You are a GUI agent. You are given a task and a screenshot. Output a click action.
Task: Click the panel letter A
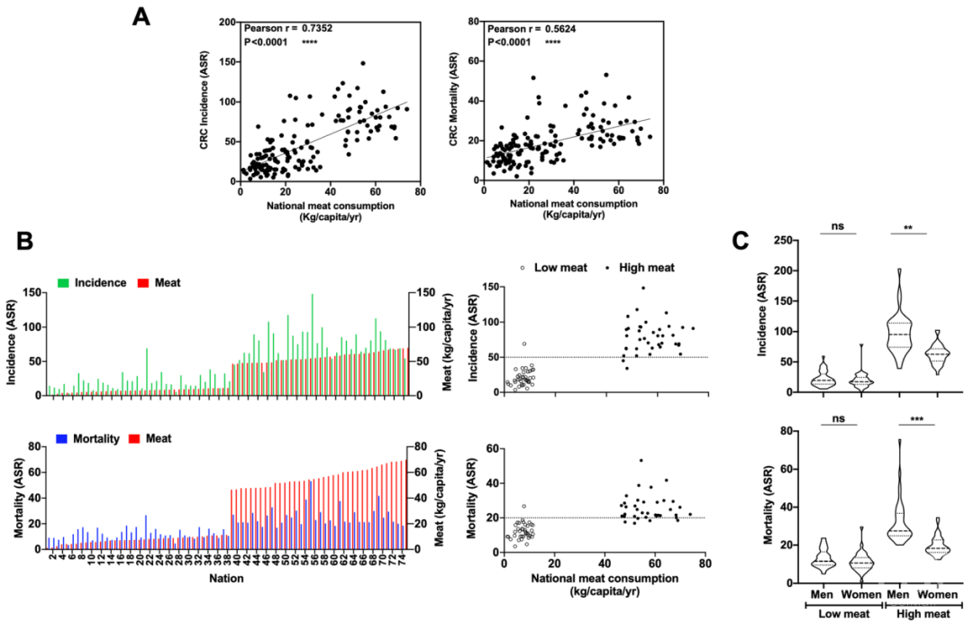point(141,17)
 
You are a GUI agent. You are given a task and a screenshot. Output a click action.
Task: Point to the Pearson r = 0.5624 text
point(528,28)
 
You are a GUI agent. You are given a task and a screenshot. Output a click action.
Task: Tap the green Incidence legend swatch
point(64,283)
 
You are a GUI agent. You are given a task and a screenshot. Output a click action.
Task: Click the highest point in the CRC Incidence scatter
point(362,63)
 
